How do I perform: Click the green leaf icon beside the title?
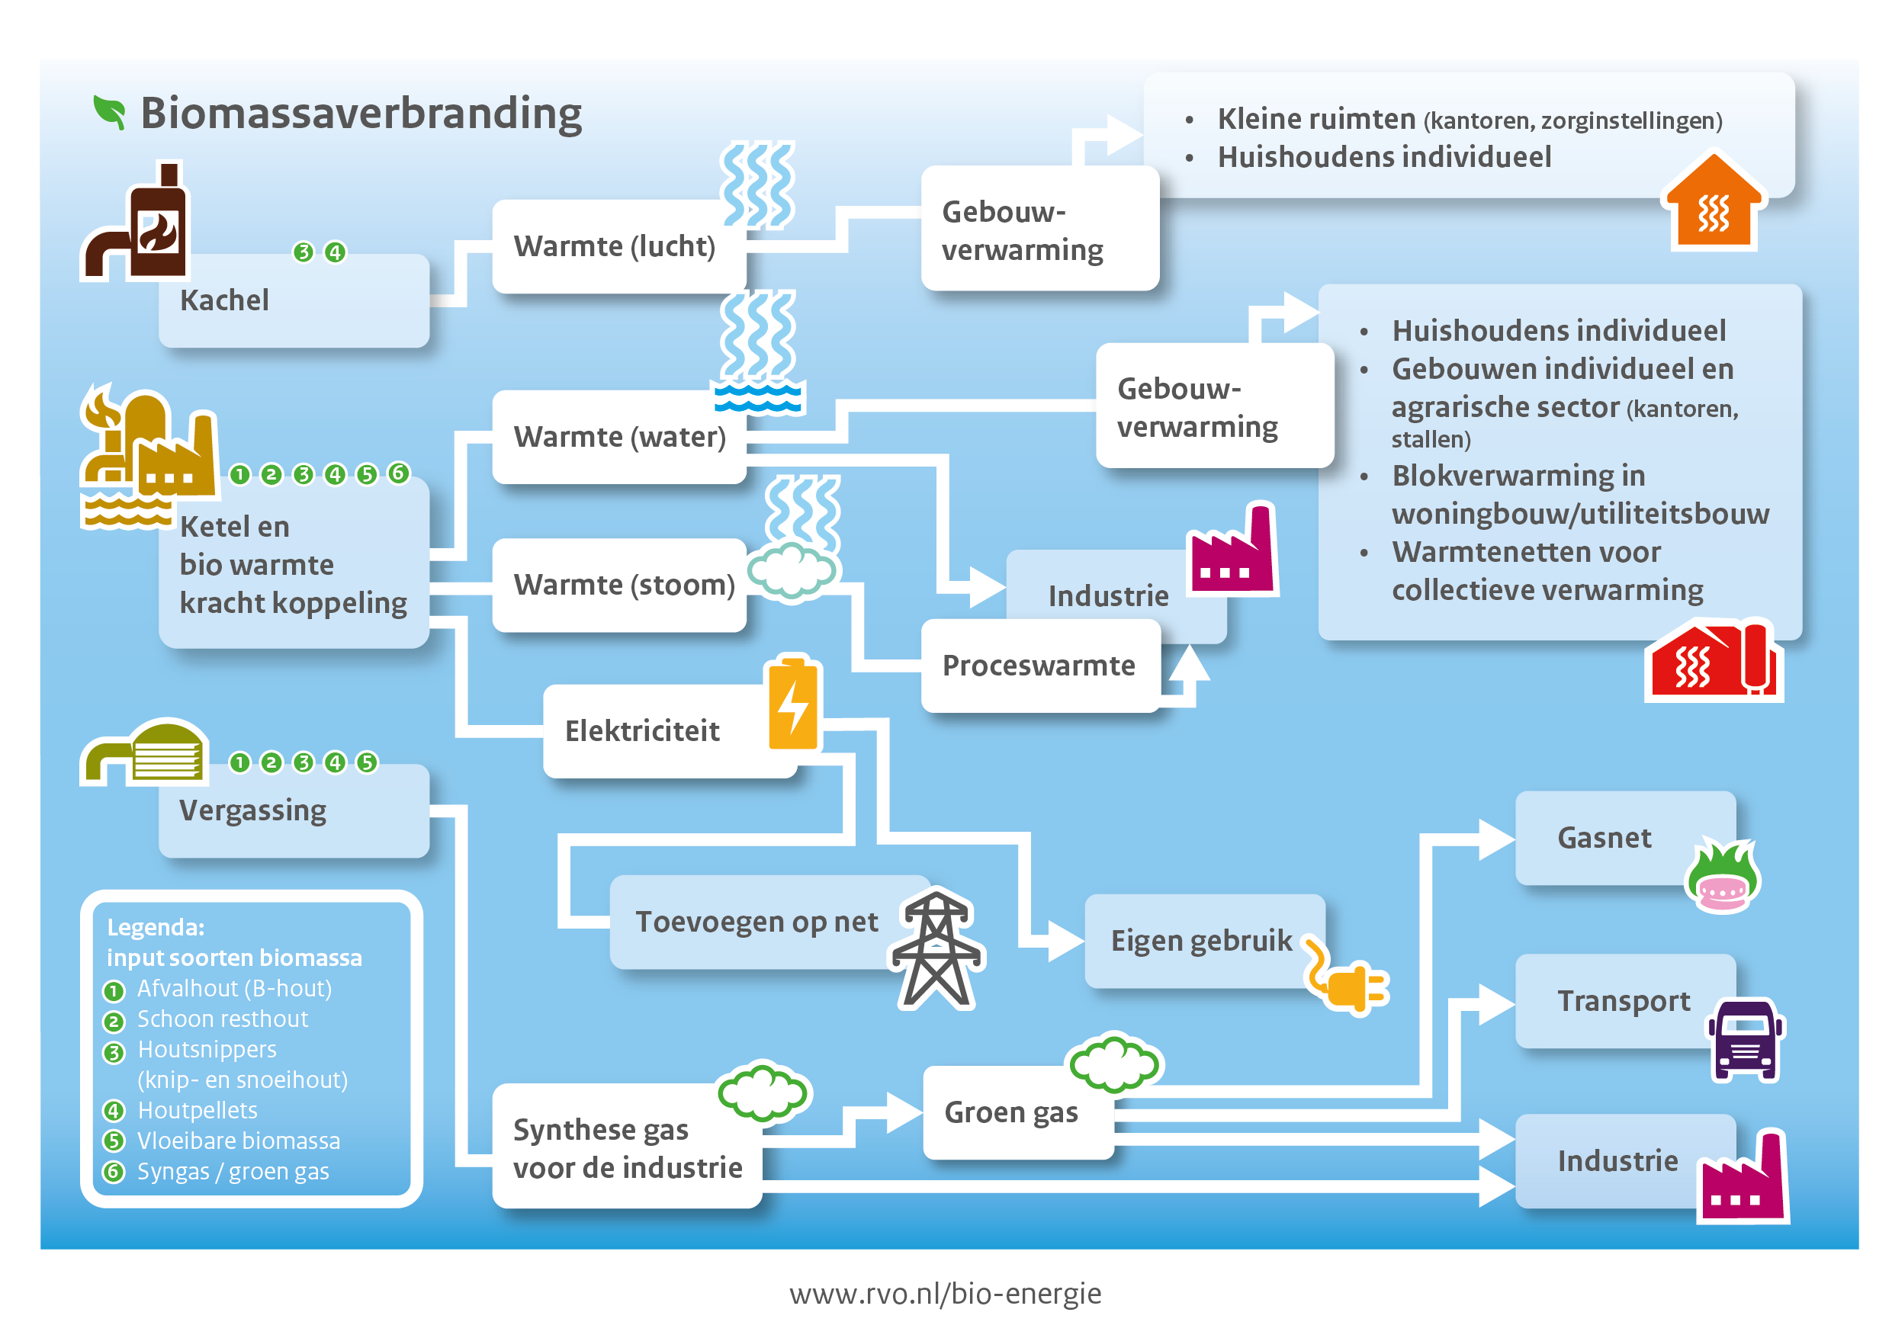click(110, 113)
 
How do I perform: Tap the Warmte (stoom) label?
click(624, 585)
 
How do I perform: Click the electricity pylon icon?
click(937, 949)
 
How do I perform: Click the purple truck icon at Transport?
click(1746, 1039)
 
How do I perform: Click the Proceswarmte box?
click(1041, 666)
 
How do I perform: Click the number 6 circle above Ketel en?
click(399, 473)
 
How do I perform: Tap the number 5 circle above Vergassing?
click(367, 762)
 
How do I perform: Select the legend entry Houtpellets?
click(198, 1111)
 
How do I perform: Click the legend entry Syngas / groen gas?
click(233, 1172)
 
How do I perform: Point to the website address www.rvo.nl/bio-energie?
click(945, 1294)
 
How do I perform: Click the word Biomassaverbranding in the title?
click(361, 113)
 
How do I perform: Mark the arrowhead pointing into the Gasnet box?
click(1496, 839)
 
